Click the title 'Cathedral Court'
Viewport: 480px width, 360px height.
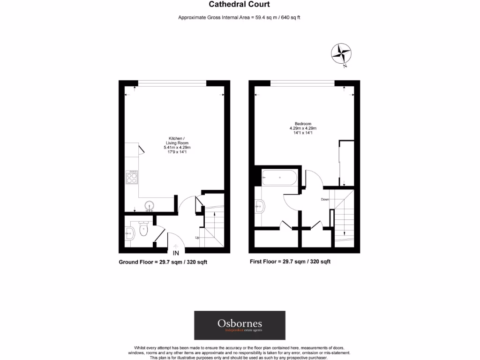point(239,5)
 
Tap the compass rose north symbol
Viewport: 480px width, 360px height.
point(341,53)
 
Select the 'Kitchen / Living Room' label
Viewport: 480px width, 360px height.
point(177,141)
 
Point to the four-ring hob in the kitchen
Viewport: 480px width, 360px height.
point(132,176)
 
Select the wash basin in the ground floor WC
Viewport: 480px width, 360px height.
point(130,231)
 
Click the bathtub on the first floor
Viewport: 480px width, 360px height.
point(279,178)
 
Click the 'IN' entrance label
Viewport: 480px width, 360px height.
point(176,254)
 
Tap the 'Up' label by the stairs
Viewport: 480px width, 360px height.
point(197,238)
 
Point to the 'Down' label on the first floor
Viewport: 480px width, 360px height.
point(324,199)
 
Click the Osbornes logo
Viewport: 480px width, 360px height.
point(240,325)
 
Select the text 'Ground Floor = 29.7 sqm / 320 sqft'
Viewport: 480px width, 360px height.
point(163,262)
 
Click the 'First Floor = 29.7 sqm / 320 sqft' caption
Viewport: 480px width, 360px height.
point(290,262)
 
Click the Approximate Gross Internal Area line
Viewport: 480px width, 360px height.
point(239,18)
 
